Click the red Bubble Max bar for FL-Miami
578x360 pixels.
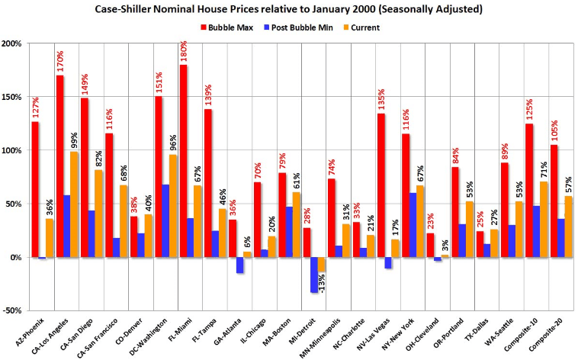[183, 161]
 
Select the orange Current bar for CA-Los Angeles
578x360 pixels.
[74, 204]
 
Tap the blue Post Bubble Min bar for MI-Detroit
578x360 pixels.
[314, 275]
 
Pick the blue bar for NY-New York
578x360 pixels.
[413, 225]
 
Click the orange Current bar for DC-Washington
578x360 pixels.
[173, 206]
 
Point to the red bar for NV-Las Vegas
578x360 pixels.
[381, 185]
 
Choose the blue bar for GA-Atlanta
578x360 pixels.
[239, 265]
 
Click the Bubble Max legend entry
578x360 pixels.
[226, 27]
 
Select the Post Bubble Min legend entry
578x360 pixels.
[298, 27]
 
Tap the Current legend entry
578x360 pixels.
[361, 27]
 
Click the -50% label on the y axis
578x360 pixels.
[13, 310]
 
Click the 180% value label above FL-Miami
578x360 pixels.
[184, 51]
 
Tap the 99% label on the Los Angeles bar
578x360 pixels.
[75, 140]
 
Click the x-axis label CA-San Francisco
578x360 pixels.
[98, 337]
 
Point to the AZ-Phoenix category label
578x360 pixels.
[31, 331]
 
